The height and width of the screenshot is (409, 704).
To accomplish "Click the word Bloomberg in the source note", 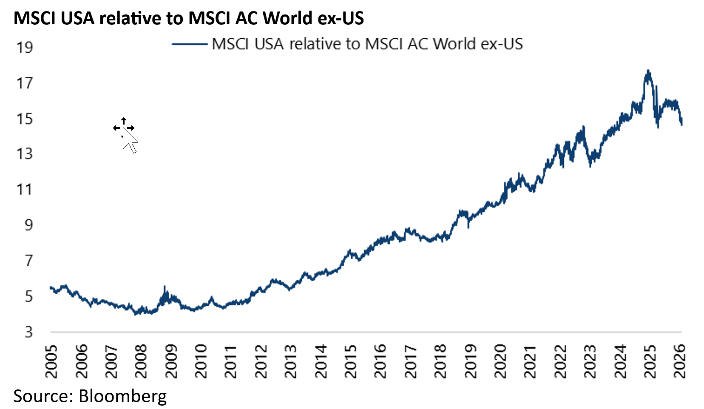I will pos(122,396).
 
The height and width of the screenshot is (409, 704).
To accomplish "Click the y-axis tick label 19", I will pos(25,47).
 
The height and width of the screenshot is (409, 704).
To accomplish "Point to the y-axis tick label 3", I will pos(28,332).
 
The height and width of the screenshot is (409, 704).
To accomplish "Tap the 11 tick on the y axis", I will pos(25,189).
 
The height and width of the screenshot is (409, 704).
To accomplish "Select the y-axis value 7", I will pos(28,260).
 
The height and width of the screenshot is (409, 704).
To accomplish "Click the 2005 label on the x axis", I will pos(51,361).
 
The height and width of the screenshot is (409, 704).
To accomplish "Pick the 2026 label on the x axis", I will pos(680,361).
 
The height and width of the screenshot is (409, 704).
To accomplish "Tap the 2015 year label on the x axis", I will pos(351,361).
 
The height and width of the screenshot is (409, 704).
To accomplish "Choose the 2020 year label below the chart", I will pos(500,361).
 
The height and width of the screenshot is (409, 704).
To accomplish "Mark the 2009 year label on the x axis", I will pos(171,361).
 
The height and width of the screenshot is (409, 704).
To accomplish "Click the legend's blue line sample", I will pos(189,44).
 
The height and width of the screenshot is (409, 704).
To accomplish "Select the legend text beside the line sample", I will pos(367,44).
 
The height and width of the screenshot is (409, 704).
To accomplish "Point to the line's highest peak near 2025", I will pos(648,71).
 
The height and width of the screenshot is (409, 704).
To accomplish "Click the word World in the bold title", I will pos(288,18).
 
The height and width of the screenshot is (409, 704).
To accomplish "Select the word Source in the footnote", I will pos(41,396).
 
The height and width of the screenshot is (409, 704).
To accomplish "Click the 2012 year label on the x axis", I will pos(261,361).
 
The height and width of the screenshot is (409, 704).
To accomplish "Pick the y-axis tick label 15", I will pos(25,119).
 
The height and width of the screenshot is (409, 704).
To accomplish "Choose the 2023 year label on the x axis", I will pos(590,361).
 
